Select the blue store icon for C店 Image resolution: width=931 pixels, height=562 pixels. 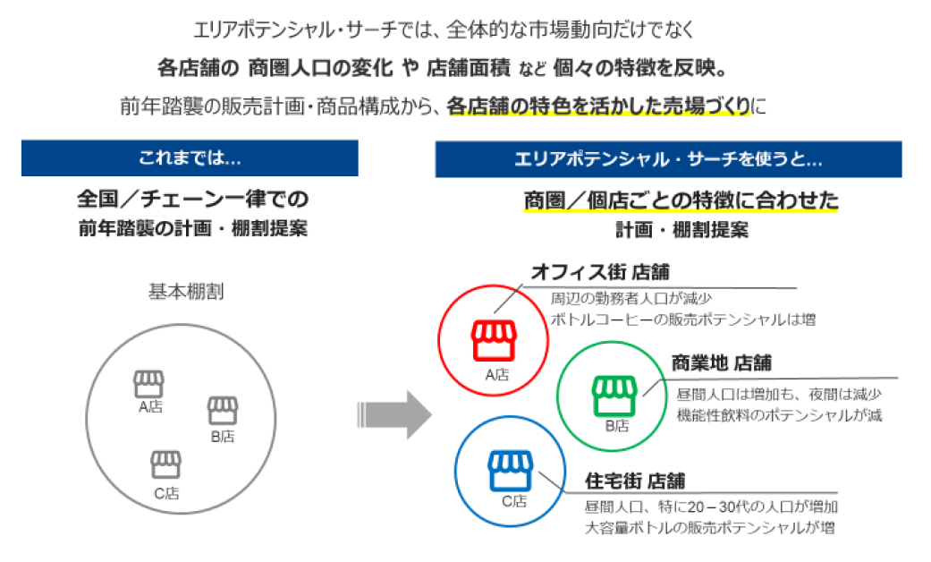[x=512, y=472]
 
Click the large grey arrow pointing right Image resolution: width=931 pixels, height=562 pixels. [x=394, y=415]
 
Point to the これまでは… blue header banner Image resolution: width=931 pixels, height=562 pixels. [x=190, y=158]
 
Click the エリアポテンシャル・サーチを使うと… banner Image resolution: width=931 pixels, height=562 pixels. [x=668, y=159]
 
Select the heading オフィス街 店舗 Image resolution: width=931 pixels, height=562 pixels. [x=600, y=271]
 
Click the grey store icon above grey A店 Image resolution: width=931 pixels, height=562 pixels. [x=148, y=384]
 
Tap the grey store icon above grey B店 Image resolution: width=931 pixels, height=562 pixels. [x=223, y=411]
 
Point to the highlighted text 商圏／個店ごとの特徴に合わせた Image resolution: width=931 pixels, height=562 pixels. [x=681, y=199]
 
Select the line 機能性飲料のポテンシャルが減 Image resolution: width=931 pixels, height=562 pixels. [x=767, y=416]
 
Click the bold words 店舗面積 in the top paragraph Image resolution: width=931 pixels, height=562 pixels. [x=468, y=67]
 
